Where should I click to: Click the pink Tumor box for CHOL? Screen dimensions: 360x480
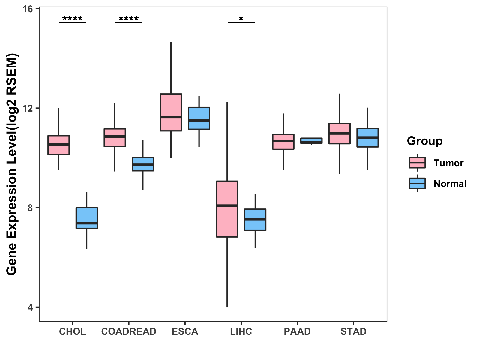(58, 145)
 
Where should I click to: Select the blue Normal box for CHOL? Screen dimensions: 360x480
(87, 218)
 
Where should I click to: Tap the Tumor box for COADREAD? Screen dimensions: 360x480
(115, 138)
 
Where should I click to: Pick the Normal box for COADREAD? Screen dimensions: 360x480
(143, 164)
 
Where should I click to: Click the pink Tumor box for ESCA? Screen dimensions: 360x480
(171, 112)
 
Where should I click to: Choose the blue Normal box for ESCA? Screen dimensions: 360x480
(199, 118)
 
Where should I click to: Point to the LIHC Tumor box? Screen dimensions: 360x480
(227, 209)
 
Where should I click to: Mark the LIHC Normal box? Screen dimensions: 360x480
(255, 220)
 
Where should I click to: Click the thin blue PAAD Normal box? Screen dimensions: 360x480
(311, 141)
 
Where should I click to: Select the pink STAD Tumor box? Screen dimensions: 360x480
(340, 133)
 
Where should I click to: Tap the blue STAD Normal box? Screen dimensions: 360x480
(367, 138)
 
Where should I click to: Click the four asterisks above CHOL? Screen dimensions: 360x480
(73, 19)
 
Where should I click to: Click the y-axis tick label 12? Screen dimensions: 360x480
(27, 108)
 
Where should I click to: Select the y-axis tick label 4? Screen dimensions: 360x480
(30, 307)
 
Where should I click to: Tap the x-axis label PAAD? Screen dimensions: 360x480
(297, 331)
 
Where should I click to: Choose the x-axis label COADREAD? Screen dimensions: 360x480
(129, 331)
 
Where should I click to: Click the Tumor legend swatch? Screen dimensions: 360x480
(417, 163)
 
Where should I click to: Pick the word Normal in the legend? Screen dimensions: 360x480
(450, 184)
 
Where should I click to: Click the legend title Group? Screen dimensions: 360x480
(424, 141)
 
